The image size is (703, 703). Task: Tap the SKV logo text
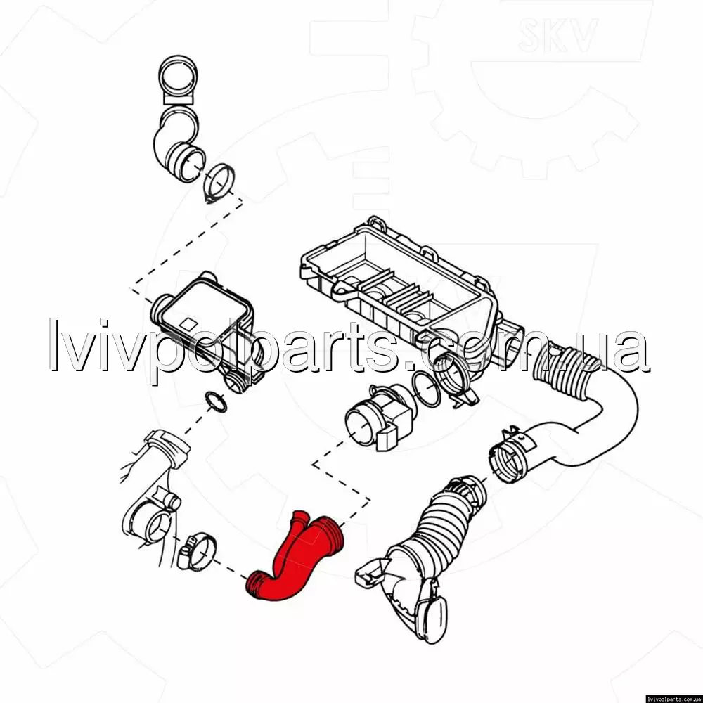point(557,34)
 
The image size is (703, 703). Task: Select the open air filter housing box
point(399,292)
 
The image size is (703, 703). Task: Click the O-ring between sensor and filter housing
point(427,388)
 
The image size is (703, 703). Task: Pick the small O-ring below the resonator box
point(216,401)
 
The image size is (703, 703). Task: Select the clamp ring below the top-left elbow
point(219,183)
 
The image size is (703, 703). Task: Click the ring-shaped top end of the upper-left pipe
point(178,75)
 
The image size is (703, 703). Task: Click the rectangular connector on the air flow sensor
point(387,437)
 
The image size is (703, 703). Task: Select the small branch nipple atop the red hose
point(299,520)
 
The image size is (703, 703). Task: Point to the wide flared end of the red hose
point(330,533)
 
